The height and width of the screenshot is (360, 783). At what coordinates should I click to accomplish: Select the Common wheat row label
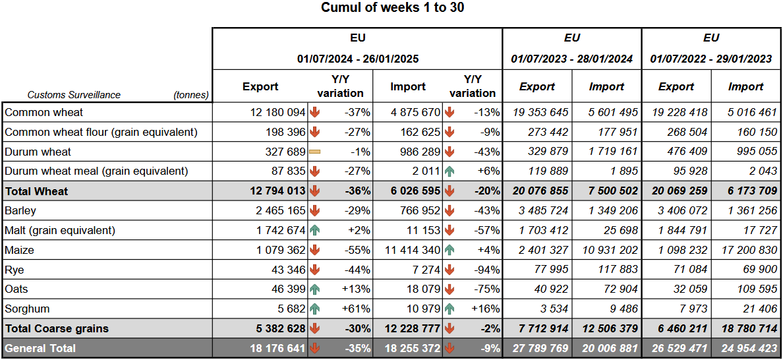pos(44,112)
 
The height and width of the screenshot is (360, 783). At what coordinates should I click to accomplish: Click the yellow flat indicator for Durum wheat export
pos(314,152)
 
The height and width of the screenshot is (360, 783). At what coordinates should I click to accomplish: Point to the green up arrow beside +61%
pos(314,309)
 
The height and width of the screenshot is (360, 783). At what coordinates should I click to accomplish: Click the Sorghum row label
pos(27,309)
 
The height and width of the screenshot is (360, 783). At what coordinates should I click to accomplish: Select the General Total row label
pos(40,347)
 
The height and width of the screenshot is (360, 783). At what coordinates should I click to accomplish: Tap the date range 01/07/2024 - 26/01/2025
pos(357,59)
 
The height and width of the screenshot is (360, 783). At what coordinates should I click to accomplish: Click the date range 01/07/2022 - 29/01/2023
pos(710,59)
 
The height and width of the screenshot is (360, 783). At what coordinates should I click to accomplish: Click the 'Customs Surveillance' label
pos(74,95)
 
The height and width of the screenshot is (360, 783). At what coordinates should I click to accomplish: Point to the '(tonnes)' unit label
pos(191,95)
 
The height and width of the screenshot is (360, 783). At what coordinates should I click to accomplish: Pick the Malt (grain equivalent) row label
pos(60,230)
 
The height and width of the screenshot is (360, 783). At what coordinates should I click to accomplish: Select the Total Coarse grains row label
pos(57,328)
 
